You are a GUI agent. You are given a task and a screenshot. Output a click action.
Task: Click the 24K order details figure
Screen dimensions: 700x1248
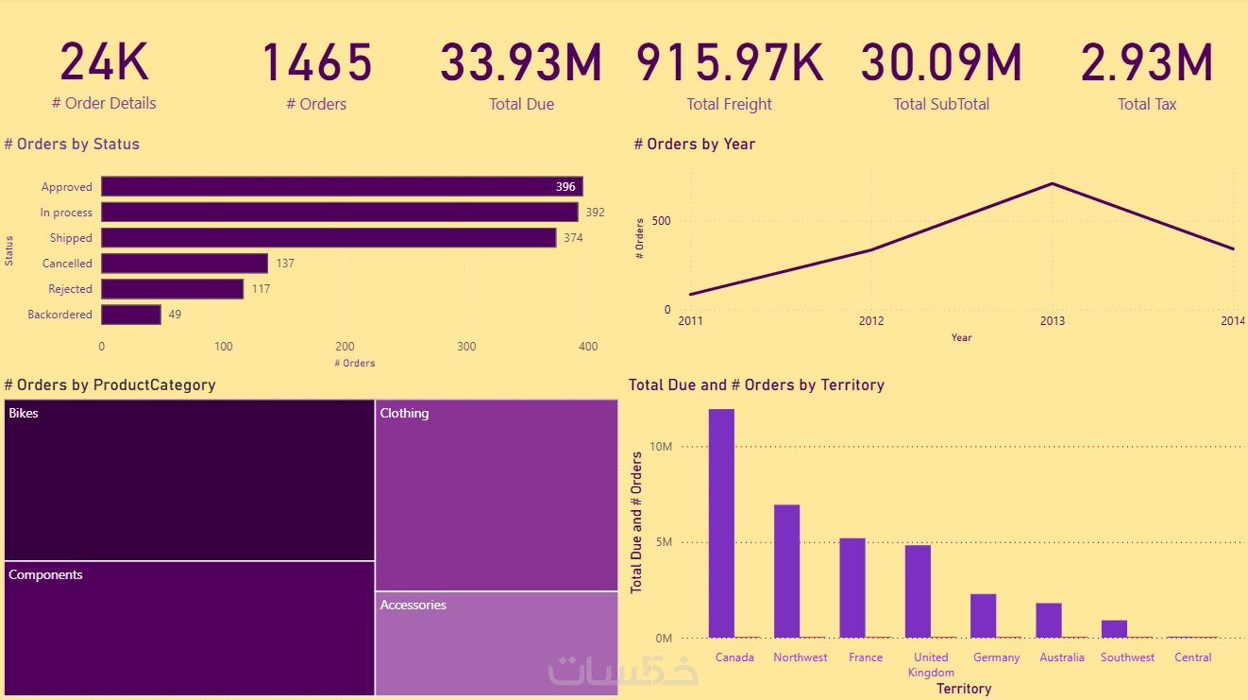[x=105, y=62]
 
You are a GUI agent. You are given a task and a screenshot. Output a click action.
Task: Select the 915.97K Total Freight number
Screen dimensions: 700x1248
[x=729, y=62]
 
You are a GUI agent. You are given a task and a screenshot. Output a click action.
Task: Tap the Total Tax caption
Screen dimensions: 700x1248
[x=1146, y=104]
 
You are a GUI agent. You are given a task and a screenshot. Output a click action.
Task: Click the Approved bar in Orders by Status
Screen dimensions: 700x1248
[x=341, y=187]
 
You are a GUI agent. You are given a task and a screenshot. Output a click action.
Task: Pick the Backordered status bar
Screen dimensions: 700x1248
[x=131, y=315]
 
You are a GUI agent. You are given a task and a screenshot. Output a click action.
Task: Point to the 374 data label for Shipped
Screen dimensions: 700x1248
[x=573, y=238]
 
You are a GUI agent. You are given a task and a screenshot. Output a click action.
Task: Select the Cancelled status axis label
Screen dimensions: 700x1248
[x=68, y=264]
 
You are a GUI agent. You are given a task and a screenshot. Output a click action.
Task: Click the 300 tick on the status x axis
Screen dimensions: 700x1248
[x=466, y=347]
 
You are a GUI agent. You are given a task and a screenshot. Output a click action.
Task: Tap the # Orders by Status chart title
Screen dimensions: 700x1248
[x=72, y=145]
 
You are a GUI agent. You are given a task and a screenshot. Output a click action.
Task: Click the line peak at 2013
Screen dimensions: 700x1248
[x=1052, y=183]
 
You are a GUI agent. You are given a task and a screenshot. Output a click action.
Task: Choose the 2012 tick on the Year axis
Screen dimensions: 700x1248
[x=871, y=321]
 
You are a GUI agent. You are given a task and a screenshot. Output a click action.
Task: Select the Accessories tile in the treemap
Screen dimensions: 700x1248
[x=497, y=643]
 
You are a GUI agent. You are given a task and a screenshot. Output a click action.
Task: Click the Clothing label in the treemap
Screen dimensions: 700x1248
[x=404, y=413]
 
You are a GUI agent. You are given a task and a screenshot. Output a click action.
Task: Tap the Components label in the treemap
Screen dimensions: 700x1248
[x=45, y=574]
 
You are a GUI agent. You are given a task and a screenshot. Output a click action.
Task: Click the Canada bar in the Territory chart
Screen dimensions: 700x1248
[x=721, y=523]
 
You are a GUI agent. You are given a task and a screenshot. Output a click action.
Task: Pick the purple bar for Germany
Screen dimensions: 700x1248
[x=983, y=616]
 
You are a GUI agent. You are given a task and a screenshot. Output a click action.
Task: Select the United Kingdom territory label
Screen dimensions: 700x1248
[x=931, y=664]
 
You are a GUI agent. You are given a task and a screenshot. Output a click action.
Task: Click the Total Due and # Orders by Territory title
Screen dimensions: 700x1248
[x=756, y=384]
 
